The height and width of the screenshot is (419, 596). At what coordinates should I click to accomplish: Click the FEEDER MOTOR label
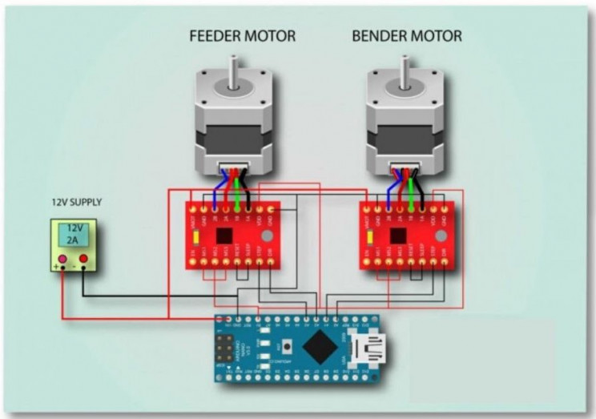pos(242,36)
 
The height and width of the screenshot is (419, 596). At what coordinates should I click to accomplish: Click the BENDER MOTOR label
pos(407,36)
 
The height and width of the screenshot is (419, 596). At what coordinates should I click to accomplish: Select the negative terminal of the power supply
pos(83,260)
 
